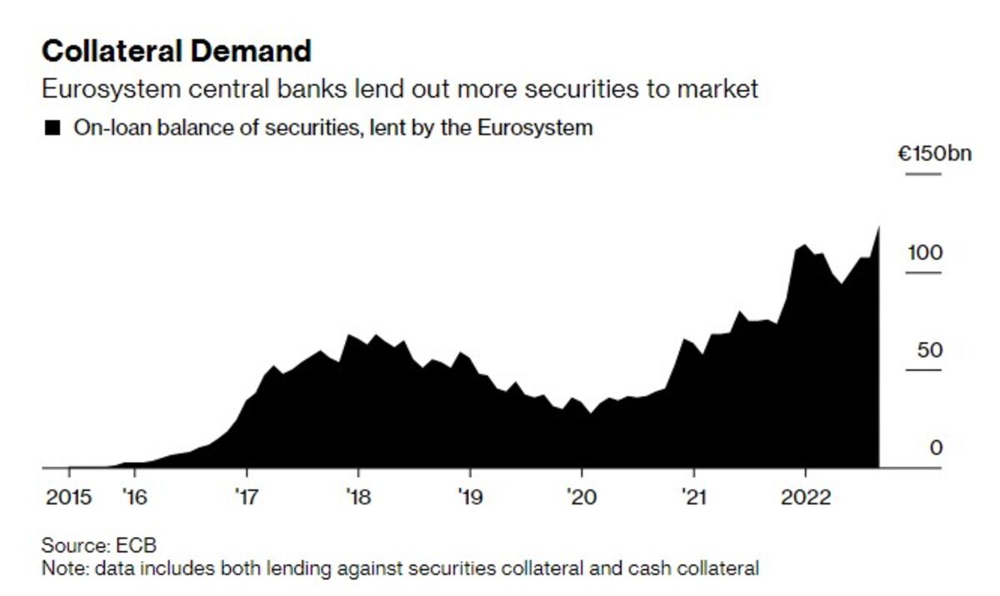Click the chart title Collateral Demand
[176, 52]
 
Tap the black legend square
[53, 128]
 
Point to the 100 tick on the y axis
[925, 252]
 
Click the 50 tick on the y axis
[929, 350]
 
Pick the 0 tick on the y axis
[936, 448]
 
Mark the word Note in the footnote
[59, 568]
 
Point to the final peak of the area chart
[878, 227]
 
